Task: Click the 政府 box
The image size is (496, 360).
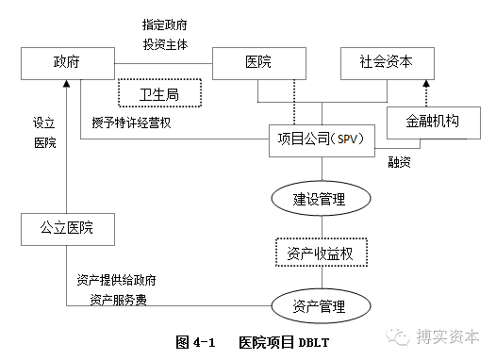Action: pyautogui.click(x=66, y=63)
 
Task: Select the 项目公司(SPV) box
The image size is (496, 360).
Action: pyautogui.click(x=322, y=139)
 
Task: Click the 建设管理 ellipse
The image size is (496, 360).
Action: pyautogui.click(x=320, y=199)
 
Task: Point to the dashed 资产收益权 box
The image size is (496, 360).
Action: pyautogui.click(x=320, y=253)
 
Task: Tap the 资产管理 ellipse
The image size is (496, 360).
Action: pyautogui.click(x=320, y=305)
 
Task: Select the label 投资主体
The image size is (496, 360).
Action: pyautogui.click(x=166, y=44)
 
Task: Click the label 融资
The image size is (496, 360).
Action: pyautogui.click(x=400, y=162)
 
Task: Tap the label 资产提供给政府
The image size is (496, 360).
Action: pyautogui.click(x=117, y=281)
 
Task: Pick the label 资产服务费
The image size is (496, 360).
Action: pyautogui.click(x=118, y=300)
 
